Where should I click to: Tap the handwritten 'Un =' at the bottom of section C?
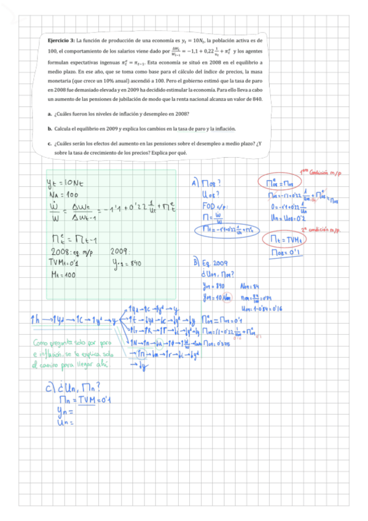(x=64, y=423)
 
